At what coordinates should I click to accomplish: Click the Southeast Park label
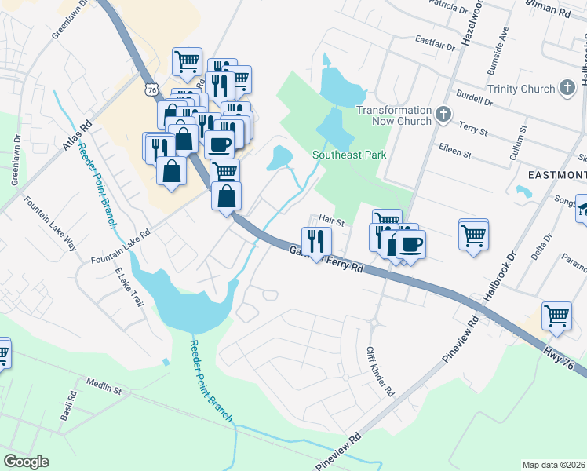(349, 155)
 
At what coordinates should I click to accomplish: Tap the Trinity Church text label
(520, 89)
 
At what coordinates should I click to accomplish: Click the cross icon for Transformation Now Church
(444, 116)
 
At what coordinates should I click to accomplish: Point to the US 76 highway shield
(151, 89)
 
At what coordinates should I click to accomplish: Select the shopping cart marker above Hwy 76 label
(556, 316)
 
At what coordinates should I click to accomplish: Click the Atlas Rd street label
(77, 135)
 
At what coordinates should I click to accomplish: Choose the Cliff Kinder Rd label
(380, 372)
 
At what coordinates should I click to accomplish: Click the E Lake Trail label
(130, 287)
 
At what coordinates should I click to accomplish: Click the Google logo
(26, 462)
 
